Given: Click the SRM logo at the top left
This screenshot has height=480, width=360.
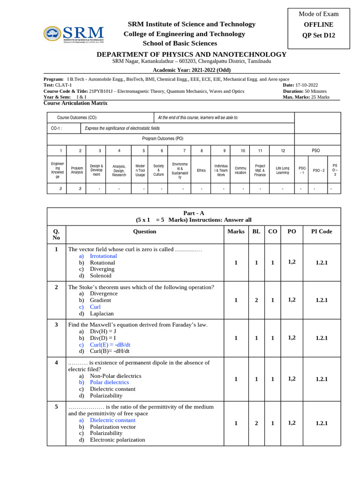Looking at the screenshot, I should (x=74, y=34).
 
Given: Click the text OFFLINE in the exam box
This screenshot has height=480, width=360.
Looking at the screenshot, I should (x=319, y=24).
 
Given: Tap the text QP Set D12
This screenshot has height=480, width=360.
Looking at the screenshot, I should (x=319, y=35).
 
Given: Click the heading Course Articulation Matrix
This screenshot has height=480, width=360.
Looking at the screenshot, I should (x=75, y=103).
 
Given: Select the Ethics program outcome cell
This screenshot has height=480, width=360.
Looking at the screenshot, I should (x=202, y=171).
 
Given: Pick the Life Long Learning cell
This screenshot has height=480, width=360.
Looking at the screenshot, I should (x=283, y=170).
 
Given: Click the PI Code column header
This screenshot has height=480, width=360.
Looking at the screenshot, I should (x=321, y=232).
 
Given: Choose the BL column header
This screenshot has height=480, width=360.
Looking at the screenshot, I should (x=256, y=232).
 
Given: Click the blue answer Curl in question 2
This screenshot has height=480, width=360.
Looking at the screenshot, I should (x=95, y=307).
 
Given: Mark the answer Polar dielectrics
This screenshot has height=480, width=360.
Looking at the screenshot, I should (x=109, y=382).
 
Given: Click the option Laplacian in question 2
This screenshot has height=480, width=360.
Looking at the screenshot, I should (x=102, y=314).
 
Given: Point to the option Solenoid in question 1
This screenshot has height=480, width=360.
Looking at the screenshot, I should (x=100, y=276).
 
